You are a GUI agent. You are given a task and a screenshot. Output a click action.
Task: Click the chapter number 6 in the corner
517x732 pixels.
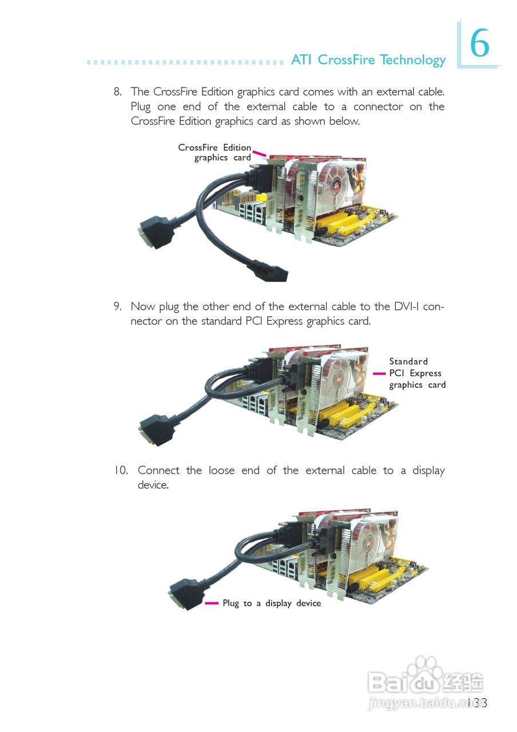[x=480, y=44]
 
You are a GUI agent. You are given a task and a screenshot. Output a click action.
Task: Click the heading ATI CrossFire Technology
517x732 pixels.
[x=368, y=60]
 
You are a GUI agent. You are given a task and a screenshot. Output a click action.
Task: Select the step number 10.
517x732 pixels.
[x=121, y=471]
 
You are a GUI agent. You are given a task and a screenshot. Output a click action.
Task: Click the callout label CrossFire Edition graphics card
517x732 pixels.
[x=215, y=153]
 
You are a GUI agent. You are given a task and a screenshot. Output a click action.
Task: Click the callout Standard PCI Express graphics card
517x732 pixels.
[x=416, y=373]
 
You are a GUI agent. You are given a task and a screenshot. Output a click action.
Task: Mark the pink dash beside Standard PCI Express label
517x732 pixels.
[x=379, y=373]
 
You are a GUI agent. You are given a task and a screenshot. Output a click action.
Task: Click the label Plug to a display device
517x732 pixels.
[x=272, y=603]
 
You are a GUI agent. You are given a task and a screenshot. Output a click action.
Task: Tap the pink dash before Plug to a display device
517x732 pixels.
[x=212, y=603]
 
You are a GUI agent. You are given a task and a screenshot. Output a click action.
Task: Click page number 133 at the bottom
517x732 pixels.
[x=476, y=703]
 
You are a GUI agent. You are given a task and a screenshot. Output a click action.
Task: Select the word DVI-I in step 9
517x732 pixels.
[x=407, y=307]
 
